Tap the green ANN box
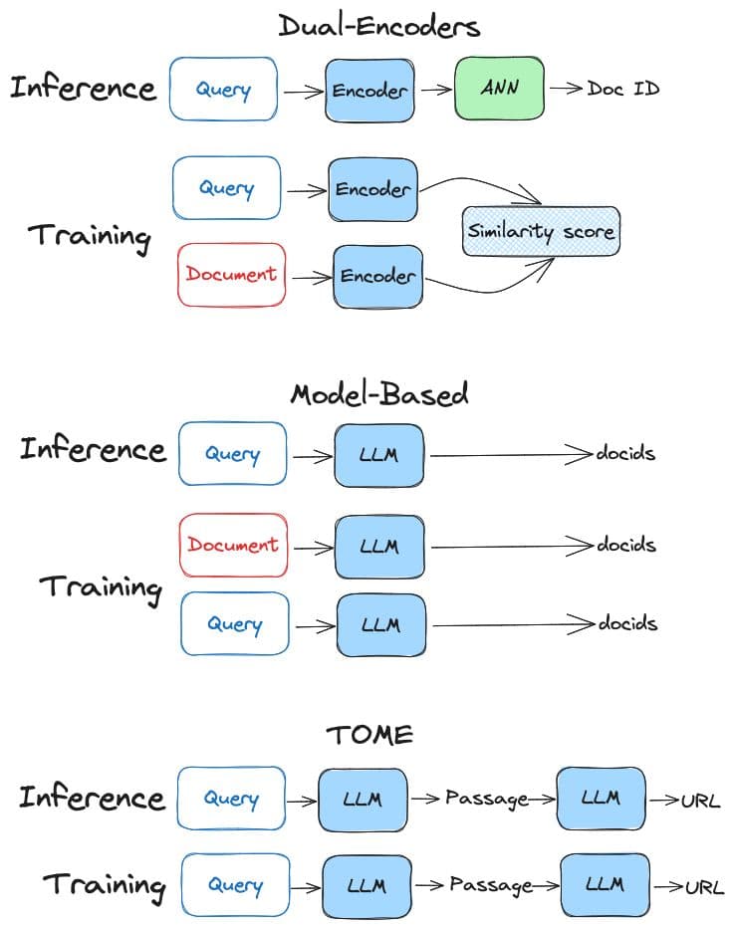(x=500, y=89)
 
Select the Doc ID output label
(x=622, y=89)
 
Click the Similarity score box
(x=541, y=232)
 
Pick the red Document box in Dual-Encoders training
(x=232, y=274)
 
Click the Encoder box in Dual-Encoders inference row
(x=369, y=90)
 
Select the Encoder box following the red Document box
(x=377, y=276)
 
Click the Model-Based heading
(x=378, y=394)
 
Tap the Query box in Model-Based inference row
(x=232, y=454)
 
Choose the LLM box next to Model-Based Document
(x=379, y=546)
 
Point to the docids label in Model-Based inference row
(x=625, y=454)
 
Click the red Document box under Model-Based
(x=233, y=545)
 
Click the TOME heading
(x=370, y=735)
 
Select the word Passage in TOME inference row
(x=485, y=799)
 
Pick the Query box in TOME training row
(x=235, y=885)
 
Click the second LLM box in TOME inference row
(x=600, y=798)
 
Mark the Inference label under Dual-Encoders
(x=84, y=88)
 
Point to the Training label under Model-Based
(x=100, y=586)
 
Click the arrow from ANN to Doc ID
(x=565, y=89)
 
